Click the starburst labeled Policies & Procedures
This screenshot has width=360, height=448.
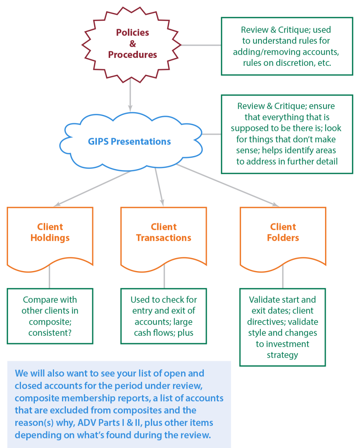132,44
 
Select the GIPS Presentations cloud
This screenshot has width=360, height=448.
129,141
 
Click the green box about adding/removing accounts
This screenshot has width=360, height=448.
287,46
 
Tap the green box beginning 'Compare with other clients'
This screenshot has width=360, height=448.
50,316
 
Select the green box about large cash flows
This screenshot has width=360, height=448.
164,316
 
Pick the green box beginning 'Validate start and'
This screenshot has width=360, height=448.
283,327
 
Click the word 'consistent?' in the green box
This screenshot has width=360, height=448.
50,333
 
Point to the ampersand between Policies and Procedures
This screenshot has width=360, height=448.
133,44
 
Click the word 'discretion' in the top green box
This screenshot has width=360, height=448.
293,63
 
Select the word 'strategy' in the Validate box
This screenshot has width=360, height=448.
282,355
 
